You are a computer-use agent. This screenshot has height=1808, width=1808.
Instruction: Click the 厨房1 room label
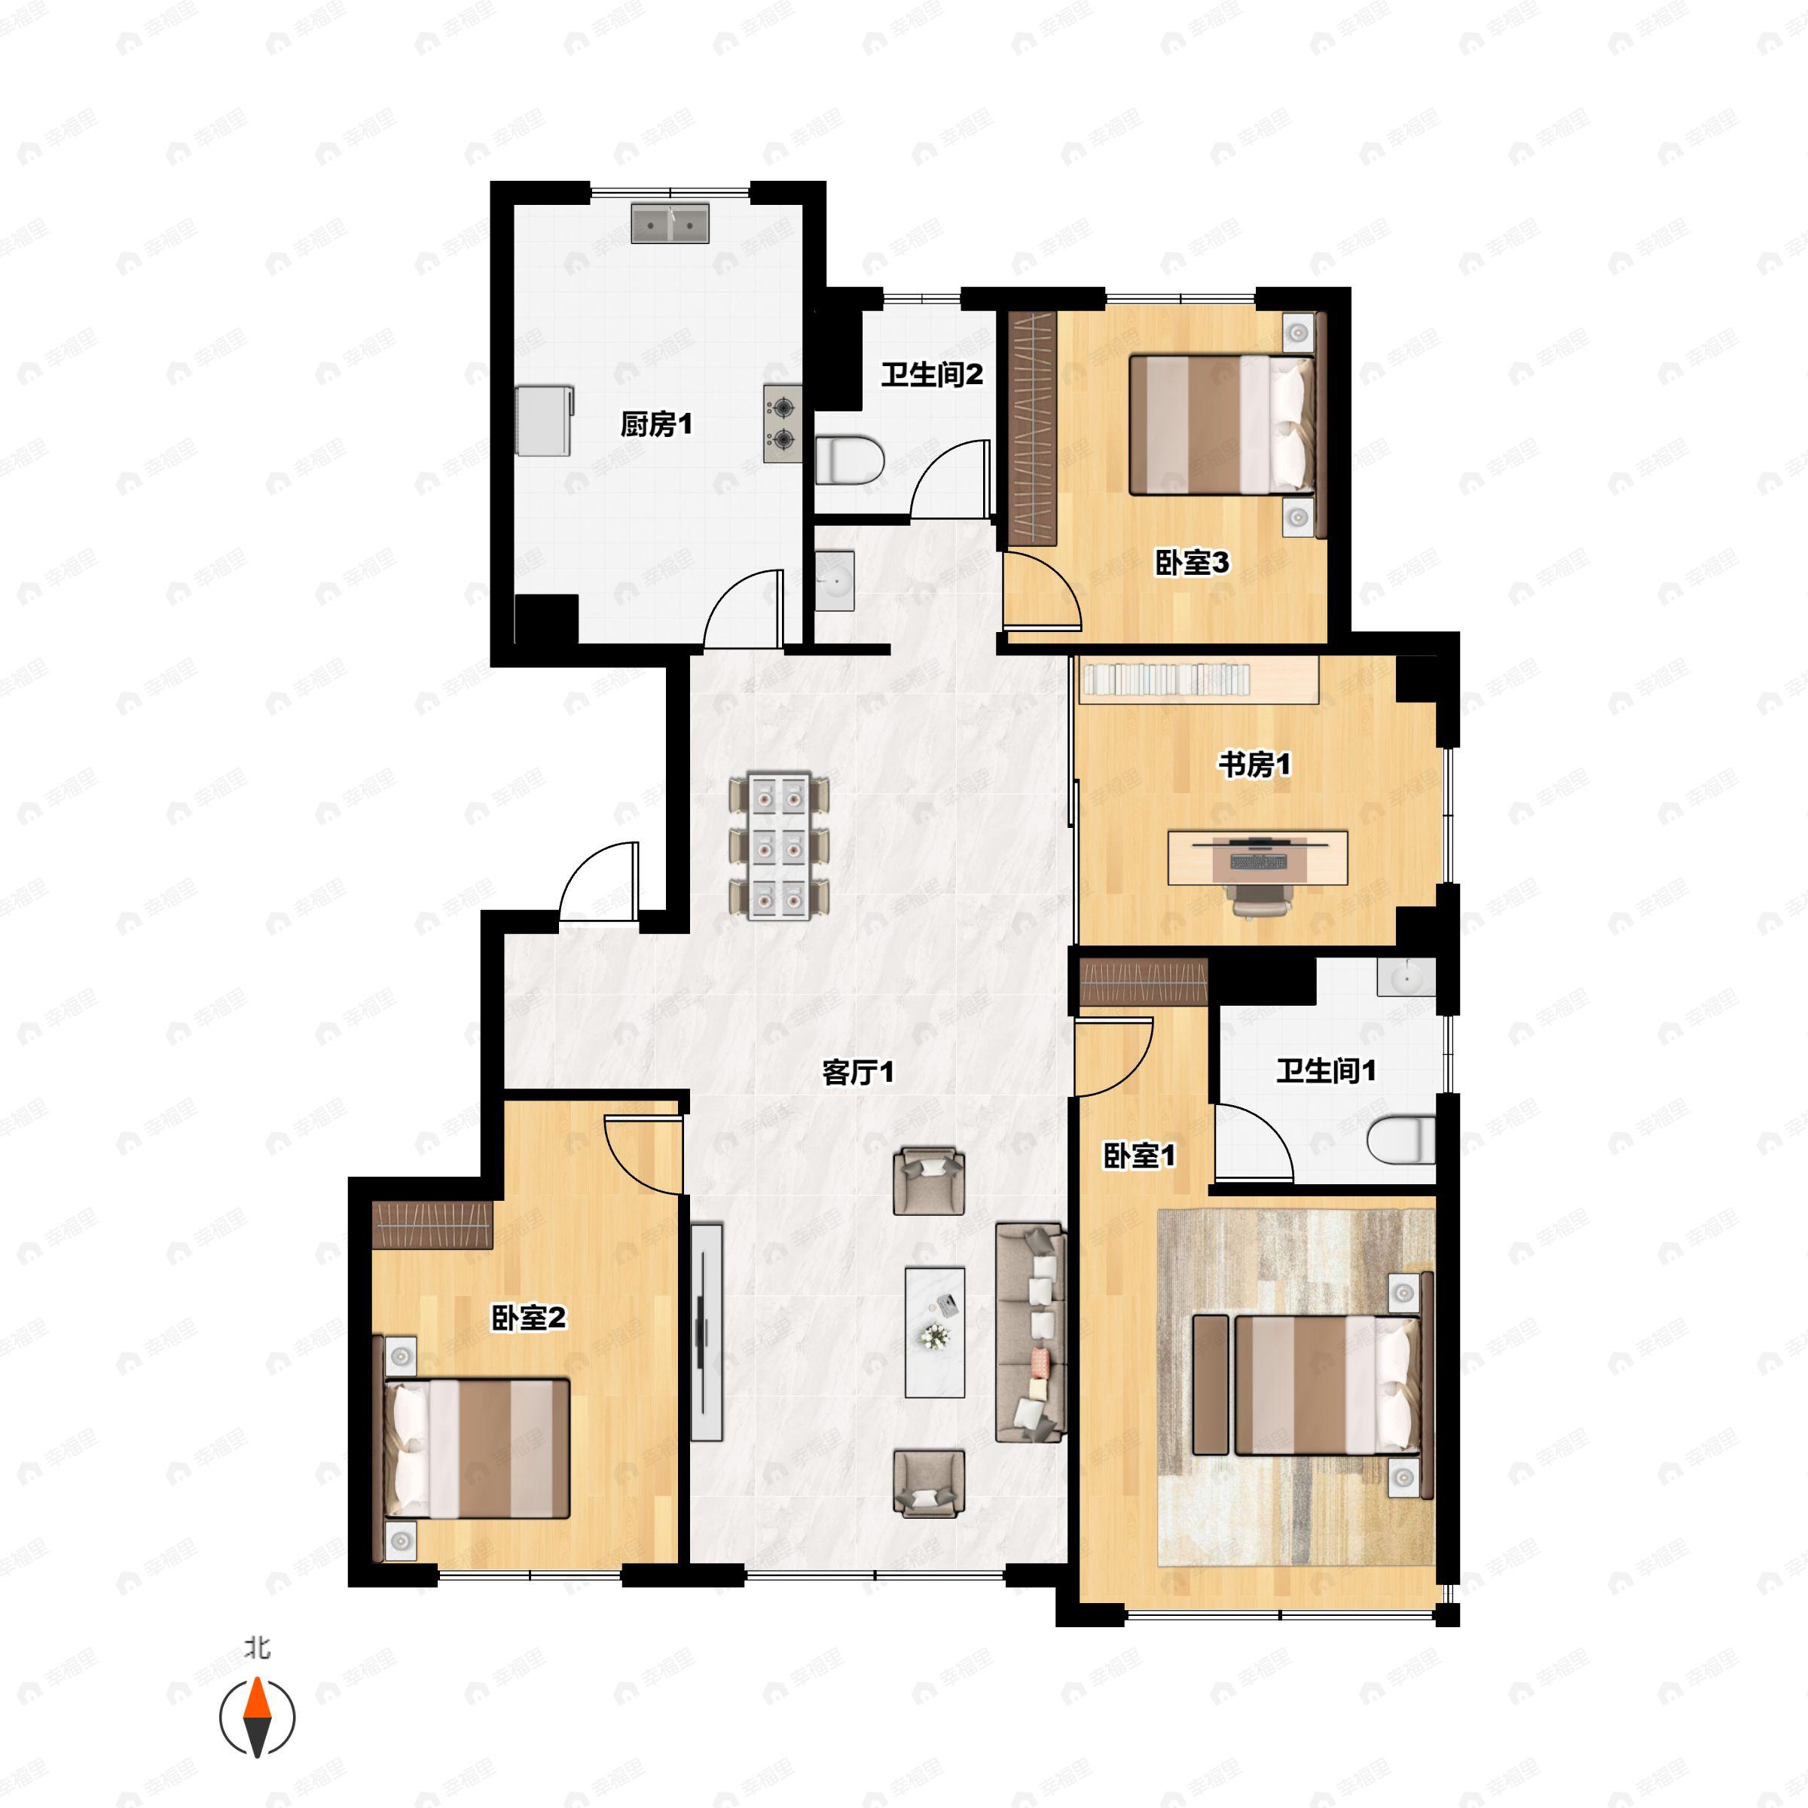[x=656, y=425]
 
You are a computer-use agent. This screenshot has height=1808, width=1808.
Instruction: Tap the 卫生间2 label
[x=931, y=375]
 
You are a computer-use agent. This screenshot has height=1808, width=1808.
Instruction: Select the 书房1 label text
[x=1254, y=765]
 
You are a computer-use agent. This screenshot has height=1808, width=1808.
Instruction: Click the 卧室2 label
[x=529, y=1318]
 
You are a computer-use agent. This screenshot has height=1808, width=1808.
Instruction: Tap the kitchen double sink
[x=669, y=224]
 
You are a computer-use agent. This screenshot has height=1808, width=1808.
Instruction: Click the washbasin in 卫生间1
[x=1406, y=977]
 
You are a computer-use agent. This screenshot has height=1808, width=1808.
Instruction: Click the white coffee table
[x=934, y=1333]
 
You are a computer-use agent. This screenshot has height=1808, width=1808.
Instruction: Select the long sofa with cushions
[x=1031, y=1332]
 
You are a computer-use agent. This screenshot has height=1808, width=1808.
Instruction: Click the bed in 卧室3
[x=1221, y=424]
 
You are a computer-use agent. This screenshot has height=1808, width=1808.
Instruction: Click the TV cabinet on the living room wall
[x=707, y=1332]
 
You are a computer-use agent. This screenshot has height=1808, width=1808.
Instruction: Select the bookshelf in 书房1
[x=1199, y=680]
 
